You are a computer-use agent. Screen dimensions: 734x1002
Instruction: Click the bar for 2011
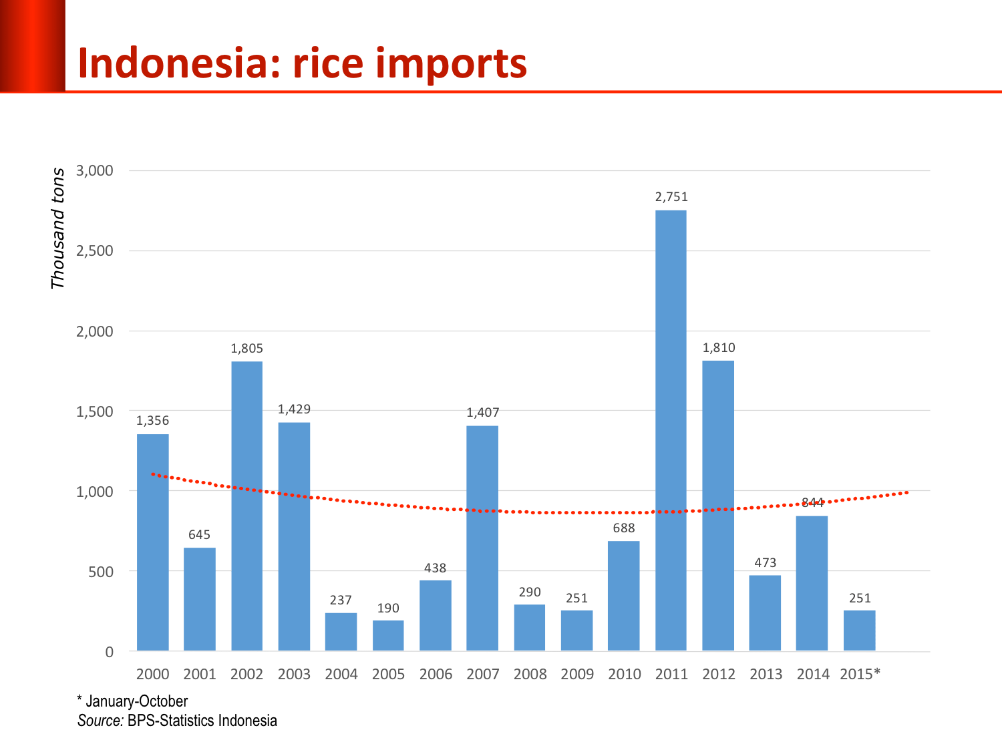(x=671, y=431)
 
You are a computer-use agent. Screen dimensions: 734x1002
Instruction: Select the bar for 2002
(x=246, y=506)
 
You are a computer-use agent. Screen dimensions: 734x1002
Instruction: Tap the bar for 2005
(x=388, y=636)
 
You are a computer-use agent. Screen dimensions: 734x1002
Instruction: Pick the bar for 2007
(x=482, y=538)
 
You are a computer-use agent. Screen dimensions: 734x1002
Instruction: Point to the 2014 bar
(x=812, y=583)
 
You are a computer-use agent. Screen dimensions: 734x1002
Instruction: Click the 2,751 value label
(x=671, y=196)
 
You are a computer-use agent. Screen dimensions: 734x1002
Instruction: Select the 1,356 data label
(x=153, y=420)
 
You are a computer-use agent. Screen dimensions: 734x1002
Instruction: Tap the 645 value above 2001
(x=200, y=534)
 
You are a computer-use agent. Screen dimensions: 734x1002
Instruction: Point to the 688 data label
(x=624, y=528)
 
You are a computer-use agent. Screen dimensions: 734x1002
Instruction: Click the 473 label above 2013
(x=766, y=562)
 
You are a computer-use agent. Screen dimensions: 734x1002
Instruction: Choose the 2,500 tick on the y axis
(x=95, y=251)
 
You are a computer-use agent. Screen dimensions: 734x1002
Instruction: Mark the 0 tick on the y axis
(x=109, y=652)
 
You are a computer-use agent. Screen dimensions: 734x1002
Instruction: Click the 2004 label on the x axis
(x=341, y=674)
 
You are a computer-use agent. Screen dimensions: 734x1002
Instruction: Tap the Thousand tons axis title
(x=58, y=228)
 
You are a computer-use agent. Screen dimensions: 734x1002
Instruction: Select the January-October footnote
(x=136, y=701)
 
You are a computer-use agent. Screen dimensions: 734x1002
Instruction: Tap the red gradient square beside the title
(x=32, y=45)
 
